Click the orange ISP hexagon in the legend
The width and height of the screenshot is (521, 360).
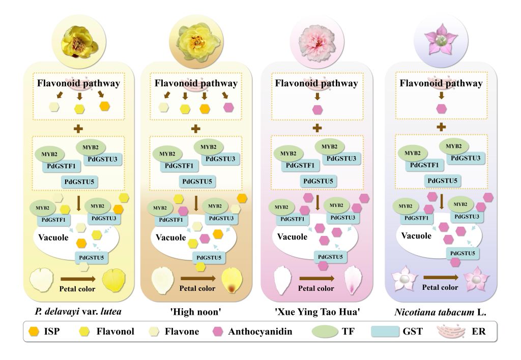click(34, 332)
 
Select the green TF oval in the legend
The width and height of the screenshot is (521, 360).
click(325, 331)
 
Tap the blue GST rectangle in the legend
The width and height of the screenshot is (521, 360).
click(385, 331)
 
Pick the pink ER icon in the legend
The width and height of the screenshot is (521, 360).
click(451, 331)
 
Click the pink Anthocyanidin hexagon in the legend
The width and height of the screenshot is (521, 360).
click(218, 332)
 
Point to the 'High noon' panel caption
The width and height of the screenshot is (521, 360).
click(196, 312)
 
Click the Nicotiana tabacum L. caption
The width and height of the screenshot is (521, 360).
click(440, 312)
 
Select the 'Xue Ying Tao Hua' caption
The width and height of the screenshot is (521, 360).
click(317, 312)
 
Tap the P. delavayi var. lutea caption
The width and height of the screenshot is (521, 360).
click(78, 312)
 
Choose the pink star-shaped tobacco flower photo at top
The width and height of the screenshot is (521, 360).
click(441, 39)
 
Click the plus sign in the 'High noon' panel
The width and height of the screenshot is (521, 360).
click(196, 129)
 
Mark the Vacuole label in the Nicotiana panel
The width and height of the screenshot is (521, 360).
click(416, 236)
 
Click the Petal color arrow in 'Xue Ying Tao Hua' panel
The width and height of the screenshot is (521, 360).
click(317, 278)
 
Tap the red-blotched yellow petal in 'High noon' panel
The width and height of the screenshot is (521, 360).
click(232, 281)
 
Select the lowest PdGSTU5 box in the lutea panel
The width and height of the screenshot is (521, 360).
click(92, 257)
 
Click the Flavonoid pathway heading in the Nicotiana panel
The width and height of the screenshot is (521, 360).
click(441, 83)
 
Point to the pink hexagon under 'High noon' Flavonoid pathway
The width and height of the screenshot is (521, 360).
click(228, 107)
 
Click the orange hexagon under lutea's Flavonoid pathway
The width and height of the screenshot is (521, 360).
click(105, 106)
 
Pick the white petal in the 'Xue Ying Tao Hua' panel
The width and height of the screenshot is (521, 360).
click(283, 280)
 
